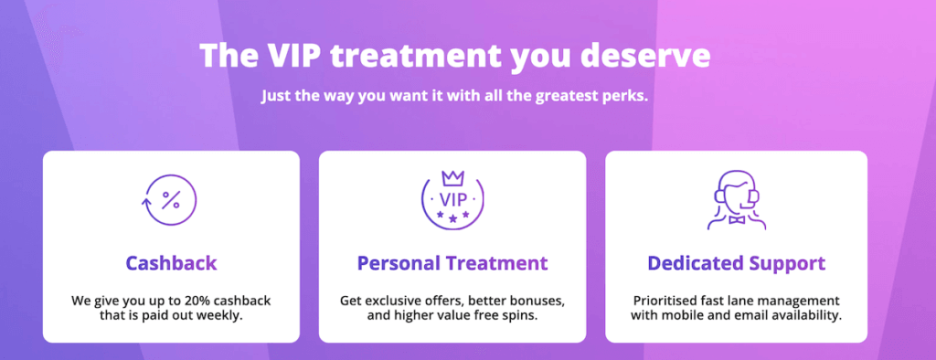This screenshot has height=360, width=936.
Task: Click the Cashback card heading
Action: [x=171, y=263]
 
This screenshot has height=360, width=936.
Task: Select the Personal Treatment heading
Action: [x=452, y=263]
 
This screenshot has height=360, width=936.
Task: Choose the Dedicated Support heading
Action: [x=737, y=263]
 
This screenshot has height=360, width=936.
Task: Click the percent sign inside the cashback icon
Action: [x=171, y=199]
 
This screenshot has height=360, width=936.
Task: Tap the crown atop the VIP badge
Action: [x=452, y=178]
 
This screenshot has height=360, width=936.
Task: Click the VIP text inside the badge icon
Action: [x=453, y=199]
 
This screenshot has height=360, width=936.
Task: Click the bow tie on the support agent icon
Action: [x=737, y=219]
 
